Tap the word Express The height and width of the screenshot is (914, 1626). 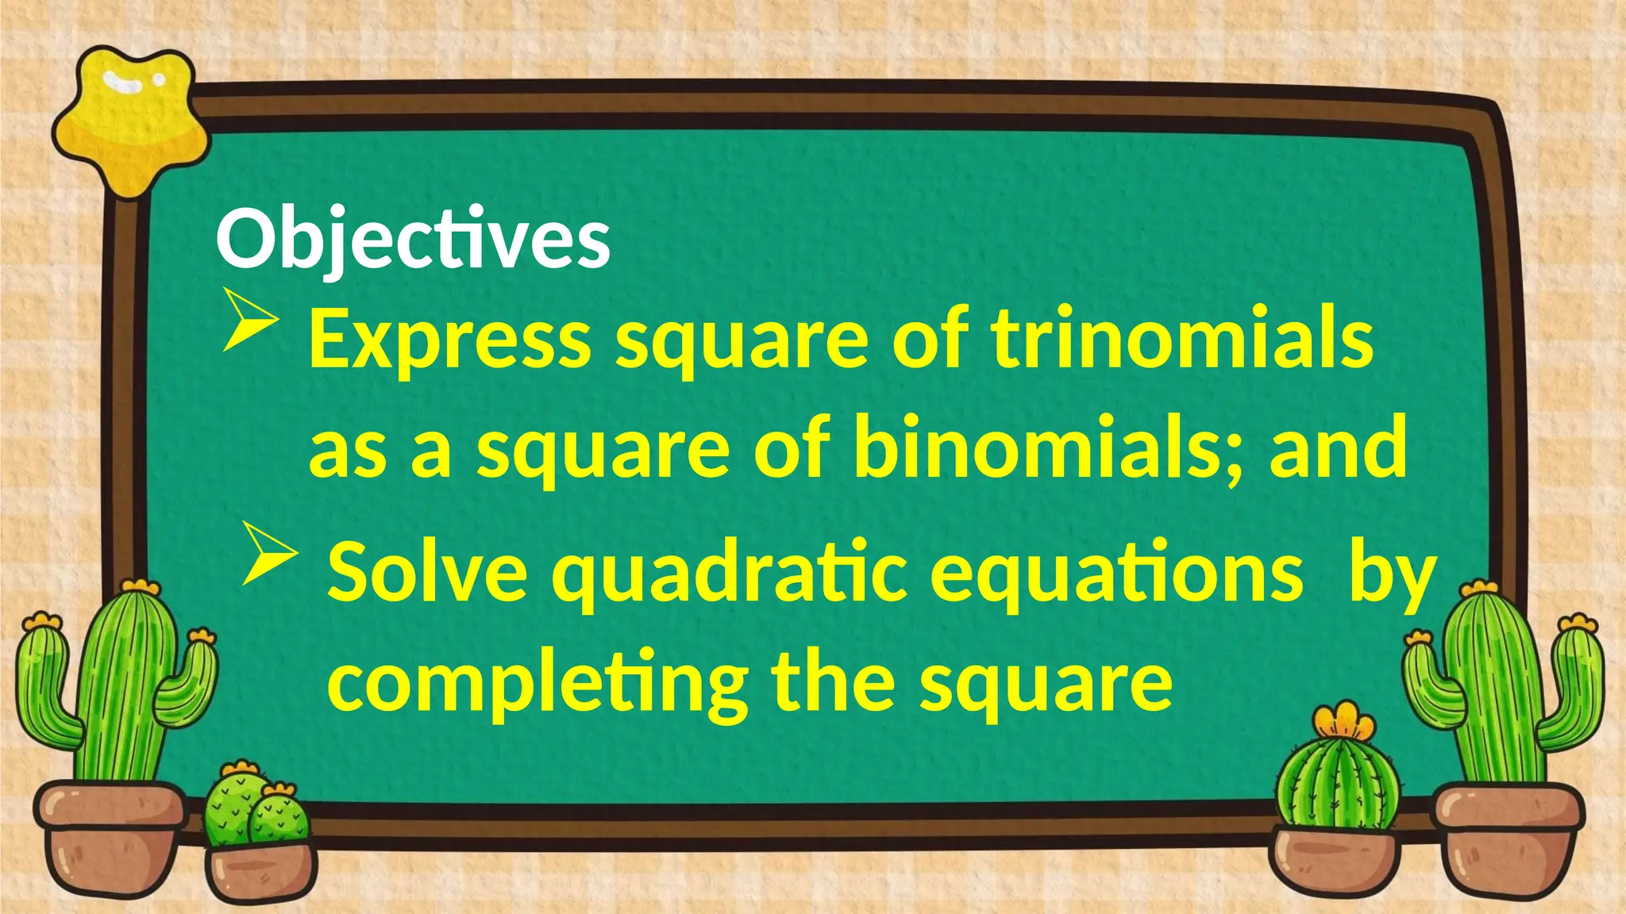tap(449, 340)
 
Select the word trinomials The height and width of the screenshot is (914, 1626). tap(1182, 340)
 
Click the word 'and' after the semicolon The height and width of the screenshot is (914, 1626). tap(1338, 449)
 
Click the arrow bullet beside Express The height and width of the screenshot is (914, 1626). tap(249, 319)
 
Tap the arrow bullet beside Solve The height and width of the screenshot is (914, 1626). tap(268, 554)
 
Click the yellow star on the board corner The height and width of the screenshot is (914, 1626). tap(131, 119)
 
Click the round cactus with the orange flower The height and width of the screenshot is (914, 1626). tap(1339, 785)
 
